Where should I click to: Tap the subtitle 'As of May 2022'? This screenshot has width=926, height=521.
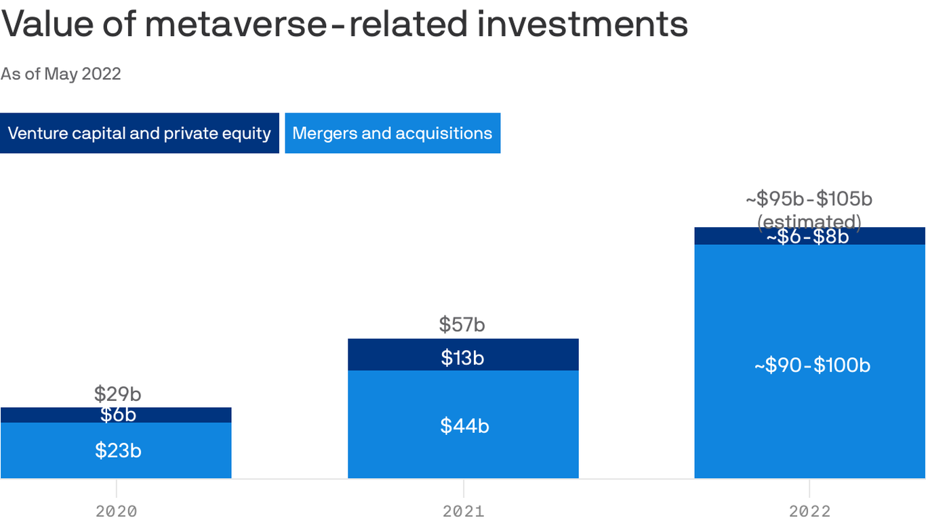click(61, 74)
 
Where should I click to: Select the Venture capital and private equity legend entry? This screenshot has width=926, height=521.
click(139, 133)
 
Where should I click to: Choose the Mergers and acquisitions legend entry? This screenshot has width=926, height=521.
click(392, 133)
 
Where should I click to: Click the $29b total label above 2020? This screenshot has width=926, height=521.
click(118, 393)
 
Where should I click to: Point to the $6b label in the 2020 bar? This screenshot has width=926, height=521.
click(118, 414)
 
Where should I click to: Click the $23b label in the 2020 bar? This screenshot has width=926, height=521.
click(118, 450)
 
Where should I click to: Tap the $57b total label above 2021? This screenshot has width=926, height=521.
click(462, 324)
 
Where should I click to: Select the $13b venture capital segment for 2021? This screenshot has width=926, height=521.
click(462, 358)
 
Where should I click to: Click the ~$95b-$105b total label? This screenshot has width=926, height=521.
click(809, 199)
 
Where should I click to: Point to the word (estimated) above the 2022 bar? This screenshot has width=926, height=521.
click(809, 221)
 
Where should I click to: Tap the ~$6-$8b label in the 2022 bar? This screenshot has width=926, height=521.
click(807, 237)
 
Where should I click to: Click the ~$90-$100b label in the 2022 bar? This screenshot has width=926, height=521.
click(812, 365)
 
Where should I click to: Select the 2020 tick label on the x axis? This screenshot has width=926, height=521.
click(117, 511)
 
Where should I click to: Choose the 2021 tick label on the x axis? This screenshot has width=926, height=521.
click(464, 511)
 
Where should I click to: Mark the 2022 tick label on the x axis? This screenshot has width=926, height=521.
click(809, 511)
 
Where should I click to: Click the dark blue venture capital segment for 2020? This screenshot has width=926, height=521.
click(41, 414)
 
